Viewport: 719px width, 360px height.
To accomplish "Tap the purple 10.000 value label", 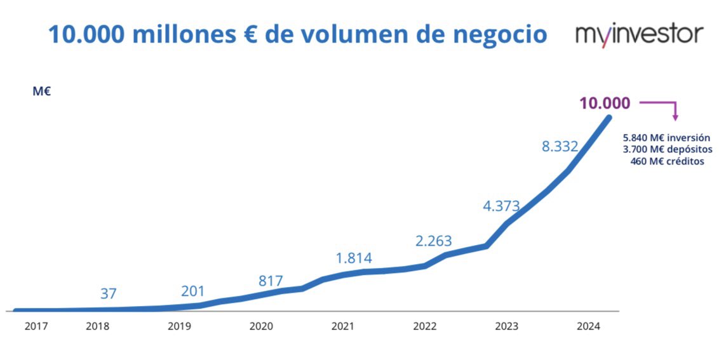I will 604,103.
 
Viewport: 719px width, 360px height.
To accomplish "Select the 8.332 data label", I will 560,146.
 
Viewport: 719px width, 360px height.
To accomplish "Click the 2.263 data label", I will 433,241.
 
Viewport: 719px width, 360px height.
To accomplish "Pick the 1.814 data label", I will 354,258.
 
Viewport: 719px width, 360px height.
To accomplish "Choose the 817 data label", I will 271,281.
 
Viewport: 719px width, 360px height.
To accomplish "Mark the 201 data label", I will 192,291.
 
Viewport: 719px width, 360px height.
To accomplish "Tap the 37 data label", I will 109,293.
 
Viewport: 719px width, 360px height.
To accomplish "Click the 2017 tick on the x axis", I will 36,326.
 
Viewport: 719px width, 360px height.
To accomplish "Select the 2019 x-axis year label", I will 179,326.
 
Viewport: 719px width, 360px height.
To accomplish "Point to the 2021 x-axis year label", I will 343,326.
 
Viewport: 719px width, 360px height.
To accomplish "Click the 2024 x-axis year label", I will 588,326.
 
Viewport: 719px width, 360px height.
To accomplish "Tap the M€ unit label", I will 41,91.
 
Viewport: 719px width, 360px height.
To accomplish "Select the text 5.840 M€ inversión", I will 666,137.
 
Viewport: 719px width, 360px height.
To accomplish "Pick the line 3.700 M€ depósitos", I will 668,149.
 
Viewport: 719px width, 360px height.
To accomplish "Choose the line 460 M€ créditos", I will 668,161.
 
